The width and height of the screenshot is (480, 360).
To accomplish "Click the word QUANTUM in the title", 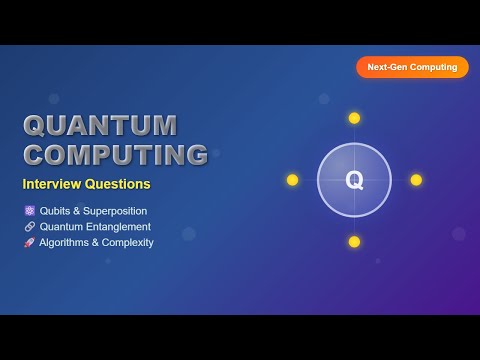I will [x=100, y=125].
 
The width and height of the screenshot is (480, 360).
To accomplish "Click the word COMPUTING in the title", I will [x=116, y=155].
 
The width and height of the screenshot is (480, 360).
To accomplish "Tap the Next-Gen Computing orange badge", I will [x=412, y=67].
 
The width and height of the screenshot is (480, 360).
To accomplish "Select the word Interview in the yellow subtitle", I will [x=52, y=184].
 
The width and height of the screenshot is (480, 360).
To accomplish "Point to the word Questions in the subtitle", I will [x=118, y=184].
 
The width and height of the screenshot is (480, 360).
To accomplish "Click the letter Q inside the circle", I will [x=354, y=180].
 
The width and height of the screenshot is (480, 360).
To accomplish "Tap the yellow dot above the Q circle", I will [x=354, y=118].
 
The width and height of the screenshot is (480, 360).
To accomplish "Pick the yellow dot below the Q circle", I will [x=354, y=242].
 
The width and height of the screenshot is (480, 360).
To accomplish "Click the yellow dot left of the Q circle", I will [x=292, y=180].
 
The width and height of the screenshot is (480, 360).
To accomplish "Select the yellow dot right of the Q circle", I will [x=416, y=180].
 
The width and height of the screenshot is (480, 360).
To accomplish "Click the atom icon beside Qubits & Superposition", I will [x=29, y=211].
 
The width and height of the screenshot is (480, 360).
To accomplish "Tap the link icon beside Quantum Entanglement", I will [x=29, y=227].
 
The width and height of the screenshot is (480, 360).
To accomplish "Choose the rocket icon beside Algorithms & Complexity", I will [x=29, y=242].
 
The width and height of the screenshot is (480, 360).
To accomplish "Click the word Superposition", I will [x=115, y=211].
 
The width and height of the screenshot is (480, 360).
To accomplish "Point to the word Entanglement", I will [x=118, y=227].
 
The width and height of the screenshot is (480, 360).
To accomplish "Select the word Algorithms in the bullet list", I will [x=64, y=242].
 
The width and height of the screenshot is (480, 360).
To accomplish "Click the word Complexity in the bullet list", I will [x=127, y=242].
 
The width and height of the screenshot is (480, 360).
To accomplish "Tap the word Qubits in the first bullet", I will [x=55, y=211].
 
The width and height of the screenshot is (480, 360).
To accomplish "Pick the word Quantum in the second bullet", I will [x=61, y=227].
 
